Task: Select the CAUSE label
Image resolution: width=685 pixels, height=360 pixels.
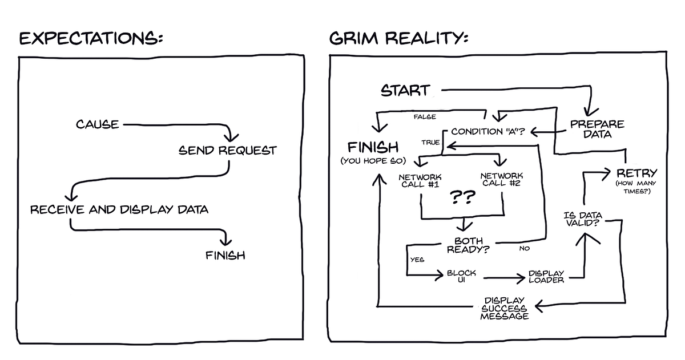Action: (98, 124)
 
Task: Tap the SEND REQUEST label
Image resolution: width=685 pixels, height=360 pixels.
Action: (227, 151)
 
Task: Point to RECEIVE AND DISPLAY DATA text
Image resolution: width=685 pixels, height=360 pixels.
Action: (119, 209)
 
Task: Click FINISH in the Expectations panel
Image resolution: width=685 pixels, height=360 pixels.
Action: (225, 255)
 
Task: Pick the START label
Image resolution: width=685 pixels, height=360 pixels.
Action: (405, 91)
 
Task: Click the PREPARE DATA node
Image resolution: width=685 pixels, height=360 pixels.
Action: (597, 129)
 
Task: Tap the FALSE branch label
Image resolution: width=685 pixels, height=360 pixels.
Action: (424, 117)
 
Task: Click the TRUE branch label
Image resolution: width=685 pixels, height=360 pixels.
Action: (430, 143)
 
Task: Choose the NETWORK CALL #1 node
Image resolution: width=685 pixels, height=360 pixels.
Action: (421, 180)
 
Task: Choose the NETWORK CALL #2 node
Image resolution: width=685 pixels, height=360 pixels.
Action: (502, 180)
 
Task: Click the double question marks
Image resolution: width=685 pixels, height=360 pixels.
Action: (463, 198)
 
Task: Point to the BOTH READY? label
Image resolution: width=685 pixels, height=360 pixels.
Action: (468, 245)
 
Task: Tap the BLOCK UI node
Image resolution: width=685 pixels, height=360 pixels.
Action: (461, 276)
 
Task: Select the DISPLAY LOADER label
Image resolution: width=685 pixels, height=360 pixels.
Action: (546, 276)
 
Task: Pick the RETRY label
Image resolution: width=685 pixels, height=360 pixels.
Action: (636, 173)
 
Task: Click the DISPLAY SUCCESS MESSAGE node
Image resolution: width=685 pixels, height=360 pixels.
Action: (505, 308)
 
